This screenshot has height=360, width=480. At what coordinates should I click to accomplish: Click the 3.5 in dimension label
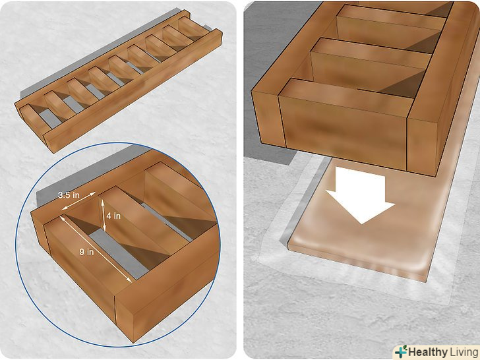click(69, 195)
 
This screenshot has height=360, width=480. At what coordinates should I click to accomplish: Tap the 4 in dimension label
click(113, 216)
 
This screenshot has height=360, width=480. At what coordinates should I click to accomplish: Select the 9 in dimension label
click(86, 252)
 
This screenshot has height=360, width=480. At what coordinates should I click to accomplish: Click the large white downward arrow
click(360, 195)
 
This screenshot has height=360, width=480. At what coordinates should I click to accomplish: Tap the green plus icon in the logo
click(401, 351)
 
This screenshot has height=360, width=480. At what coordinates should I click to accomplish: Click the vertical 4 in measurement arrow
click(104, 215)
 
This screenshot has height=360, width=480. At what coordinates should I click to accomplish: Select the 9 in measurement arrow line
click(96, 249)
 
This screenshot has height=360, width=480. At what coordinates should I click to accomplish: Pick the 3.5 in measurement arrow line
click(78, 201)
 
